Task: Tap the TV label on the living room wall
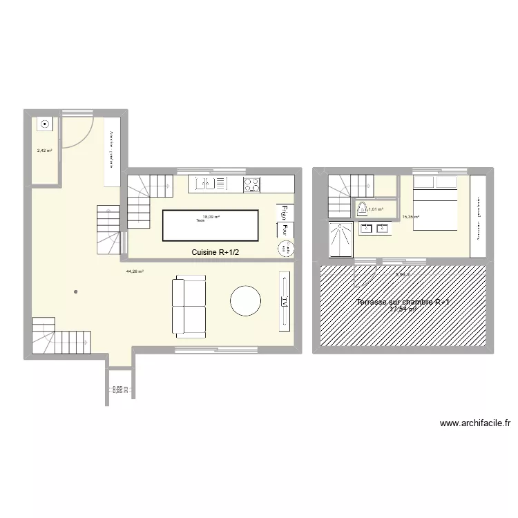tap(285, 300)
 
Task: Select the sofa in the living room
tap(189, 306)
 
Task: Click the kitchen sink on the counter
tap(204, 184)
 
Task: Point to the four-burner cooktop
tap(251, 184)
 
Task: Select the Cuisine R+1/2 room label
tap(215, 253)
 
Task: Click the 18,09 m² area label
tap(211, 217)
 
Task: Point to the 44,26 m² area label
tap(134, 271)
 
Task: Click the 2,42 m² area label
tap(44, 149)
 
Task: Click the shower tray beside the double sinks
tap(341, 239)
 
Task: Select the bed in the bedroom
tap(434, 202)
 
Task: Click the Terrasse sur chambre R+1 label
tap(403, 303)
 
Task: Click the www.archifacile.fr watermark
tap(473, 424)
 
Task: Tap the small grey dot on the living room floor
tap(77, 291)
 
